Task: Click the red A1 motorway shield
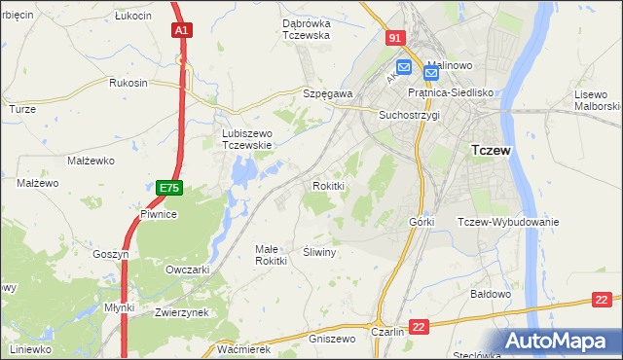181,31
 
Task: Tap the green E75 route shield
168,185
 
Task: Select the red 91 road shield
393,38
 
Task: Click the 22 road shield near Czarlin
419,327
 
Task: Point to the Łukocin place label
132,17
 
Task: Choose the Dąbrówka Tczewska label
292,29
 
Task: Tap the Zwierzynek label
182,312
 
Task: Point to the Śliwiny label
319,252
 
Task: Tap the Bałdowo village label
491,293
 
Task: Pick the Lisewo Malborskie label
598,99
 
